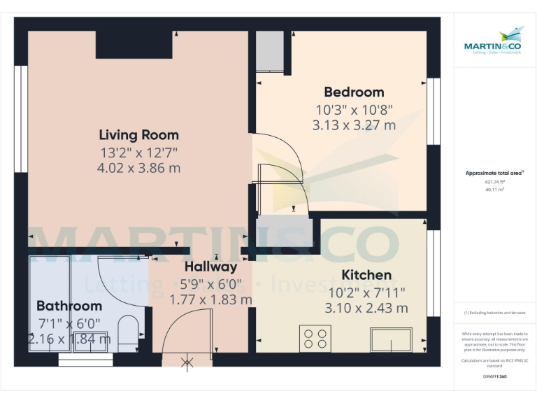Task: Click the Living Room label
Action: [x=138, y=135]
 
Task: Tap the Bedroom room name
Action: [x=354, y=92]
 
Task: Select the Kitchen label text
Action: [x=366, y=275]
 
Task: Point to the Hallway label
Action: [x=210, y=267]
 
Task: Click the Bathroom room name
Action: [x=69, y=306]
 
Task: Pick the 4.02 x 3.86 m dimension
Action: [x=138, y=168]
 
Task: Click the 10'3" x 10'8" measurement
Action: [x=354, y=110]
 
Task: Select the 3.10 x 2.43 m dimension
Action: [x=366, y=308]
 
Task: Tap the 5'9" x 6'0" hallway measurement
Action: [x=210, y=284]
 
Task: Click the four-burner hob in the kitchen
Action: [x=315, y=339]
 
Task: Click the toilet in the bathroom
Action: [x=129, y=334]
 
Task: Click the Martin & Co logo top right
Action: [x=494, y=41]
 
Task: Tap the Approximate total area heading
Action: [x=494, y=173]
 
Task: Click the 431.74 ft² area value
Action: [x=494, y=181]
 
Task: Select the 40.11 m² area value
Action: [x=494, y=189]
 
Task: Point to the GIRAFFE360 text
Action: [x=494, y=376]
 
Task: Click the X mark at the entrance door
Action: [x=187, y=362]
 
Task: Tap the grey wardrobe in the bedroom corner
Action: [x=269, y=50]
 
